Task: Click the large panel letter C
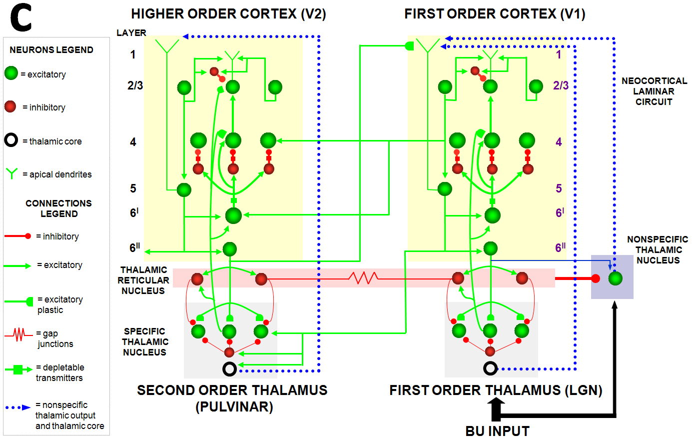point(20,19)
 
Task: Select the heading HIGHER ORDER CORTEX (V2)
point(228,14)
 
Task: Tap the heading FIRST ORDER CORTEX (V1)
point(495,14)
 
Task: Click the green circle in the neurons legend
point(11,73)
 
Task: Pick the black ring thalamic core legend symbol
point(11,140)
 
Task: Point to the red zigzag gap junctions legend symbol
point(19,334)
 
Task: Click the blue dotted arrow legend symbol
point(18,407)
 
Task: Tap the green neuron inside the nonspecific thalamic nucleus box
point(615,278)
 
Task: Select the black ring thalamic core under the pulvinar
point(229,369)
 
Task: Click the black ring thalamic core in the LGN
point(490,368)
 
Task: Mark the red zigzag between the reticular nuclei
point(364,277)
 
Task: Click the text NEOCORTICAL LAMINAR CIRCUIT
point(654,91)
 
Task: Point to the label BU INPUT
point(497,431)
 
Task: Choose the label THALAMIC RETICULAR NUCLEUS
point(144,280)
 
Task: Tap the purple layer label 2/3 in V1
point(561,85)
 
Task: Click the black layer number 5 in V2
point(133,188)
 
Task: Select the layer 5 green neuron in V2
point(184,190)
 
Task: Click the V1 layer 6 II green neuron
point(490,248)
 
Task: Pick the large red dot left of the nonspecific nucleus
point(595,278)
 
